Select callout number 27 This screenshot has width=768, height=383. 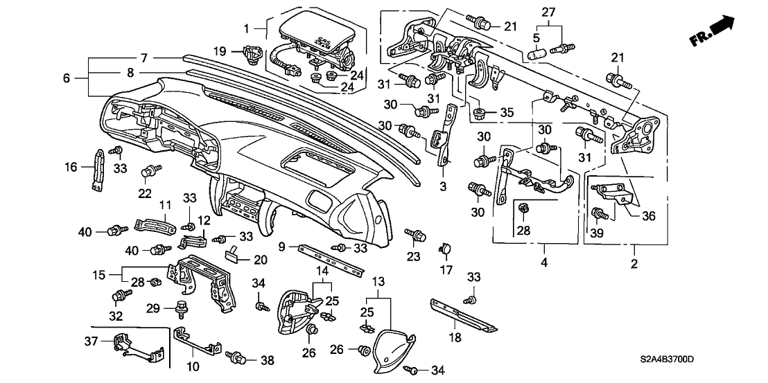(549, 12)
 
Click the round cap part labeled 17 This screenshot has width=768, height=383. (446, 247)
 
